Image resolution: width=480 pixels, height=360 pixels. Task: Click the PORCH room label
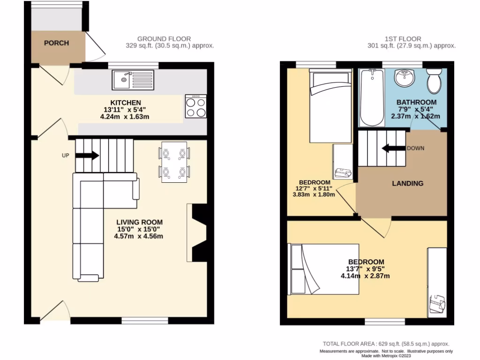(56, 43)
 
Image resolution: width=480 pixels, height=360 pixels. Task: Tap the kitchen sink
(133, 80)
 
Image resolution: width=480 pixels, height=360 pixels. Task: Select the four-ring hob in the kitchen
(196, 106)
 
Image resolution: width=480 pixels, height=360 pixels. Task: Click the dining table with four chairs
(174, 162)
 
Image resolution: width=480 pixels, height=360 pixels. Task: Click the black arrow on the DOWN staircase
(393, 149)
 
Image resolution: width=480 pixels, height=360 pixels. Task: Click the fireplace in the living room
(197, 232)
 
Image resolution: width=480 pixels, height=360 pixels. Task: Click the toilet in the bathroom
(435, 82)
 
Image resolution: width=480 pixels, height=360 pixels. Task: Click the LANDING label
(407, 183)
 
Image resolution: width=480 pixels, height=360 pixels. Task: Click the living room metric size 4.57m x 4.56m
(140, 236)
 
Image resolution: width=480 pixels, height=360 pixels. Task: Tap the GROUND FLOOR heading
(164, 38)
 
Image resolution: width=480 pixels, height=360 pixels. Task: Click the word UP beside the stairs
(65, 155)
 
